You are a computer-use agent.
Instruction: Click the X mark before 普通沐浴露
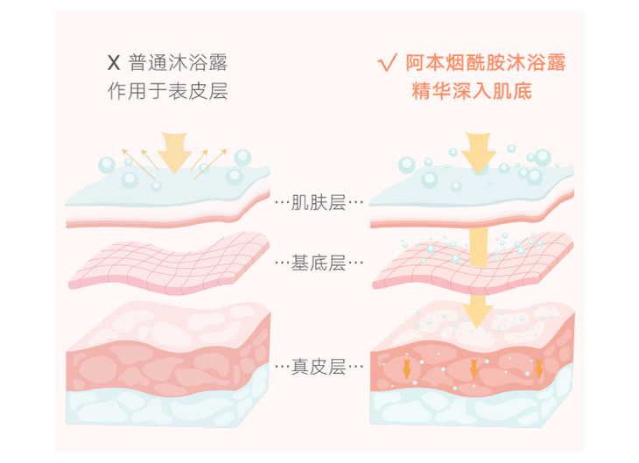(x=112, y=63)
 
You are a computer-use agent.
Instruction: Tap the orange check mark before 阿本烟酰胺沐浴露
(x=385, y=63)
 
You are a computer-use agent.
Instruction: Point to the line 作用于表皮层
(x=167, y=91)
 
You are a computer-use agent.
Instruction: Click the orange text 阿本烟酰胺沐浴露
(x=484, y=63)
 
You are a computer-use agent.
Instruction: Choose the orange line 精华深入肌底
(x=473, y=91)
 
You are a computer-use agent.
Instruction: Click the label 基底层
(x=319, y=262)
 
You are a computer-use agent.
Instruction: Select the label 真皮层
(x=319, y=365)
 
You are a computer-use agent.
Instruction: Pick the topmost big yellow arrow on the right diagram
(x=478, y=151)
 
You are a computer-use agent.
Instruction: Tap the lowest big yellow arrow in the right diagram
(x=478, y=309)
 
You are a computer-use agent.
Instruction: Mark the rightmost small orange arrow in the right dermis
(x=539, y=368)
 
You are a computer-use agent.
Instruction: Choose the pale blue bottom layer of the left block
(x=166, y=408)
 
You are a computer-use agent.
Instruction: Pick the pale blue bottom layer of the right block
(x=473, y=408)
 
